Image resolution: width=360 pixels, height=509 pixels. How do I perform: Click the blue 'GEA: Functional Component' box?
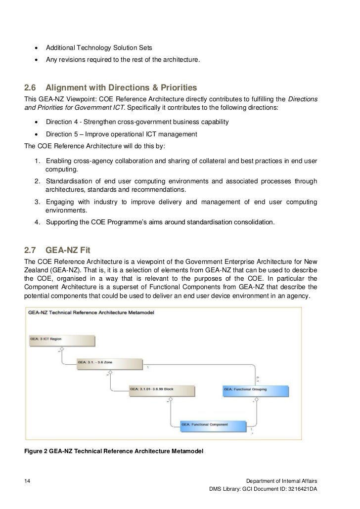[213, 424]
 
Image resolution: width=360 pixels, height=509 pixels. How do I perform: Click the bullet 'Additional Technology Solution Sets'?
[99, 48]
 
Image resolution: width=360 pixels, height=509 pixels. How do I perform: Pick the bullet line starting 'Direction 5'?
[121, 134]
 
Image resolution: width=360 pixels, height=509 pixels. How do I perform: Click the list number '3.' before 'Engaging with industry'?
[38, 202]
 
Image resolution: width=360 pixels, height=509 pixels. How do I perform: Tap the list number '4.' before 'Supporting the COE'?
[38, 222]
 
